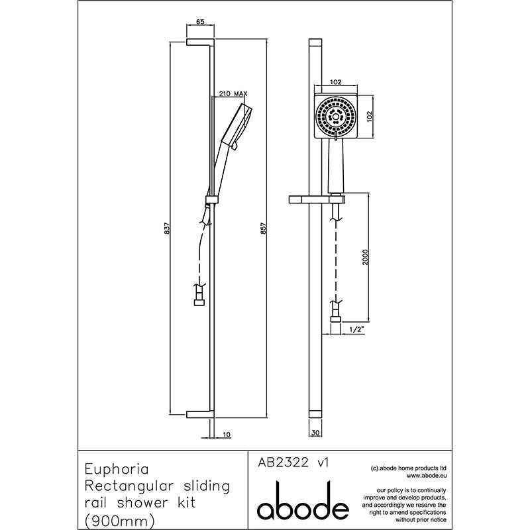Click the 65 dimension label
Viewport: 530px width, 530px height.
click(x=201, y=22)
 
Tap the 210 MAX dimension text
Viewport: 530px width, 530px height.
click(x=233, y=93)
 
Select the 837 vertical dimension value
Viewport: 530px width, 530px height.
click(x=167, y=229)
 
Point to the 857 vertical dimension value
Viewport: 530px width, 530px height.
click(x=264, y=229)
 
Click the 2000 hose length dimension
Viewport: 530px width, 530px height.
click(x=366, y=257)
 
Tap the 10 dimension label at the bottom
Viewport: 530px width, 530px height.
click(x=227, y=435)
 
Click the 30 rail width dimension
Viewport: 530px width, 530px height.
click(x=315, y=433)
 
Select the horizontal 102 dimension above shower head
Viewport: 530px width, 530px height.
click(x=336, y=81)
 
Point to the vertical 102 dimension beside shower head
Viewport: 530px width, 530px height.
click(x=370, y=117)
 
